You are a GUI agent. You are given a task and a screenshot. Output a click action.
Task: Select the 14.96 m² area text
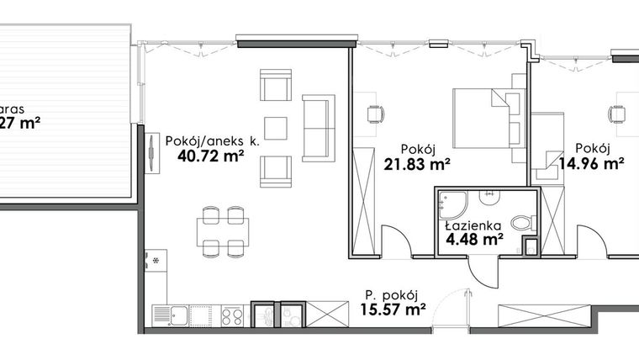pos(594,164)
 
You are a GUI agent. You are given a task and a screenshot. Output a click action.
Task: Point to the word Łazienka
pos(473,225)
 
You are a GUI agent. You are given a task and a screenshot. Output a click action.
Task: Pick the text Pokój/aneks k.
pos(211,140)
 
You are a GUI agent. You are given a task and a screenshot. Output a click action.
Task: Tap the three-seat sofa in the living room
pos(318,127)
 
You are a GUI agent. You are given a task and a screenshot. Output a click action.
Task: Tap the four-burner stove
pos(232,315)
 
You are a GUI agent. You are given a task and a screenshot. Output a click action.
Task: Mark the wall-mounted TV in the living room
pos(151,154)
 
